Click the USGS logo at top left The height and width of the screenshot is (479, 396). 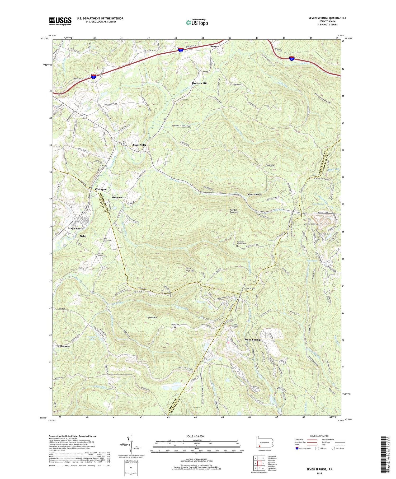[x=60, y=21]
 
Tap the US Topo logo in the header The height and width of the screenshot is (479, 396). [x=197, y=22]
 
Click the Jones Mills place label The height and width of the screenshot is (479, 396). [x=139, y=145]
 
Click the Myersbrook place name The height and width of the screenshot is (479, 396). [x=254, y=194]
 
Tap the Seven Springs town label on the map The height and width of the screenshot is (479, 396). [x=253, y=340]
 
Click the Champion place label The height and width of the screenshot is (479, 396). [x=101, y=189]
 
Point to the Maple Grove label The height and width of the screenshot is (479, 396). [x=76, y=229]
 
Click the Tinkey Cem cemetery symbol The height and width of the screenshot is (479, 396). [x=175, y=328]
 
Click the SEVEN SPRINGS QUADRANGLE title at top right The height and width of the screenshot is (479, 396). [x=324, y=18]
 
